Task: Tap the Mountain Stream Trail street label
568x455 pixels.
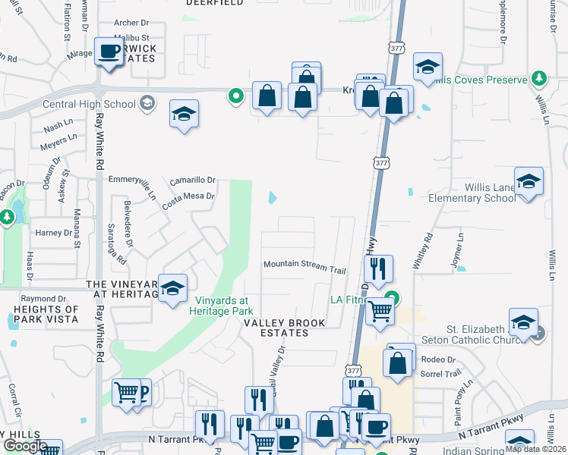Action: coord(305,266)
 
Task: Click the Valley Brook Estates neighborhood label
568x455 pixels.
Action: coord(284,323)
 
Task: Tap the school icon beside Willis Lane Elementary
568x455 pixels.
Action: coord(529,182)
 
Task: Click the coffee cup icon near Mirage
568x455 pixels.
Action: coord(109,52)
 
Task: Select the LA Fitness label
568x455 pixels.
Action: coord(352,300)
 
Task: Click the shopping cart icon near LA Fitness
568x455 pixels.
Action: coord(380,309)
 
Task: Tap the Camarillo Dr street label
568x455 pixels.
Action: coord(193,180)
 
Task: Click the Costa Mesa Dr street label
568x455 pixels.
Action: coord(188,196)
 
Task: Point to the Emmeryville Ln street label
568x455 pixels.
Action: coord(132,184)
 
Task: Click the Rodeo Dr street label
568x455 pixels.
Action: coord(437,359)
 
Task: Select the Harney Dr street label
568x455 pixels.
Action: coord(52,232)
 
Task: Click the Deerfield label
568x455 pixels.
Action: coord(215,3)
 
